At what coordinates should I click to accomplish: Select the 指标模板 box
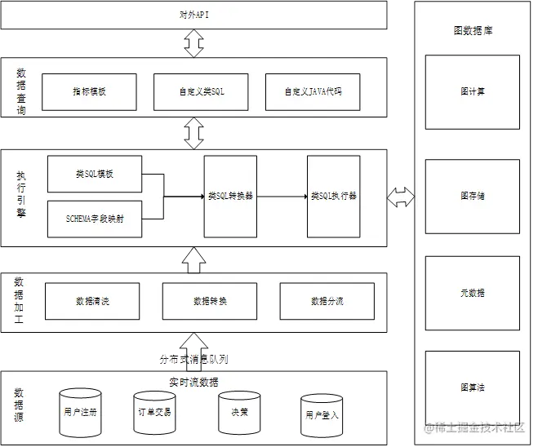(x=88, y=91)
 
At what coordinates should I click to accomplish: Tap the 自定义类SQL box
(x=201, y=91)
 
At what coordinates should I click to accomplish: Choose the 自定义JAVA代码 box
(x=313, y=91)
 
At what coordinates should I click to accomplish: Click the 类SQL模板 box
(x=95, y=174)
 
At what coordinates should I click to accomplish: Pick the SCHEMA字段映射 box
(x=95, y=219)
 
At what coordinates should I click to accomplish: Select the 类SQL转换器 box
(x=230, y=196)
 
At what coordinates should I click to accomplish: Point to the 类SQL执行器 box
(x=333, y=196)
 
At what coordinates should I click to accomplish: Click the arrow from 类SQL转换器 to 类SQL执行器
(x=282, y=196)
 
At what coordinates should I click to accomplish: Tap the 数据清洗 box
(x=91, y=301)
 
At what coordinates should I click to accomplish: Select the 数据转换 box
(x=210, y=301)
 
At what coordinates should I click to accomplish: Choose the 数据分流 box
(x=327, y=301)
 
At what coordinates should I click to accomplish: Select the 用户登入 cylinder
(x=321, y=415)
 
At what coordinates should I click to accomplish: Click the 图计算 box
(x=472, y=91)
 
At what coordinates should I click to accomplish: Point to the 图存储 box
(x=472, y=196)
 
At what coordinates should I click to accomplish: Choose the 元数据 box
(x=472, y=292)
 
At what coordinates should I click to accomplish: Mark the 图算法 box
(x=472, y=387)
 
